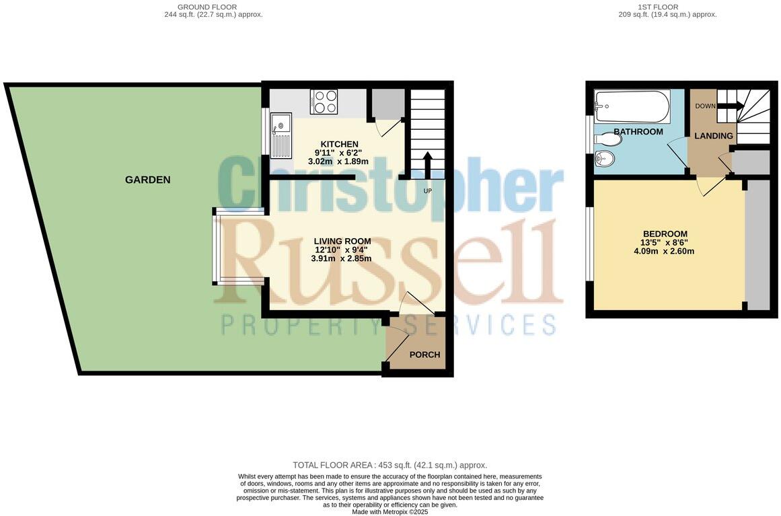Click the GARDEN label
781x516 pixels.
[147, 180]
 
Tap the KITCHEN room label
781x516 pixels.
[339, 144]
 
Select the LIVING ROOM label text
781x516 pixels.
[342, 241]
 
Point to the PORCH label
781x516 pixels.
[424, 355]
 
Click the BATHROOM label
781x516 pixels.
[638, 132]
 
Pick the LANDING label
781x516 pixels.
[713, 136]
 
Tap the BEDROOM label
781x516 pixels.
[664, 233]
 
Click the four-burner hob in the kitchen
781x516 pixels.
[324, 102]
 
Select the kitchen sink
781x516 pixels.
[281, 134]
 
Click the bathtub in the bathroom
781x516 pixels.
[632, 106]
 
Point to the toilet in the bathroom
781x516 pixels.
[607, 140]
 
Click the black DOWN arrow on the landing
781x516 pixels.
[731, 106]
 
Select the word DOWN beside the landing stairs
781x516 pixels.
[705, 106]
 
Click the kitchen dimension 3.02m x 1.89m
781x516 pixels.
[338, 161]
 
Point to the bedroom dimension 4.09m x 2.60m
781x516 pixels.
[663, 252]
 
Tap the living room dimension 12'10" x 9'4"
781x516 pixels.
[341, 250]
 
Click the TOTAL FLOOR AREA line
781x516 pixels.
[389, 465]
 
